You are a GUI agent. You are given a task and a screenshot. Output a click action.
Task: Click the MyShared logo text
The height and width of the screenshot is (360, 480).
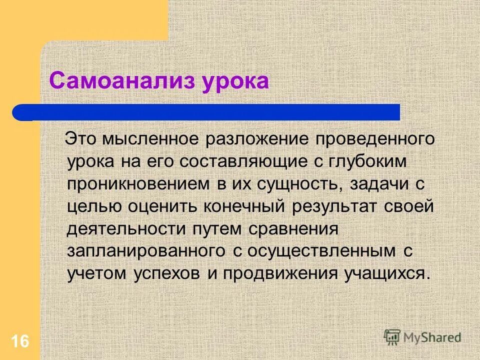pos(433,337)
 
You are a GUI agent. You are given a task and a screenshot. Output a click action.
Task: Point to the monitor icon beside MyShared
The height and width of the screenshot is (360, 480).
pos(393,337)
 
